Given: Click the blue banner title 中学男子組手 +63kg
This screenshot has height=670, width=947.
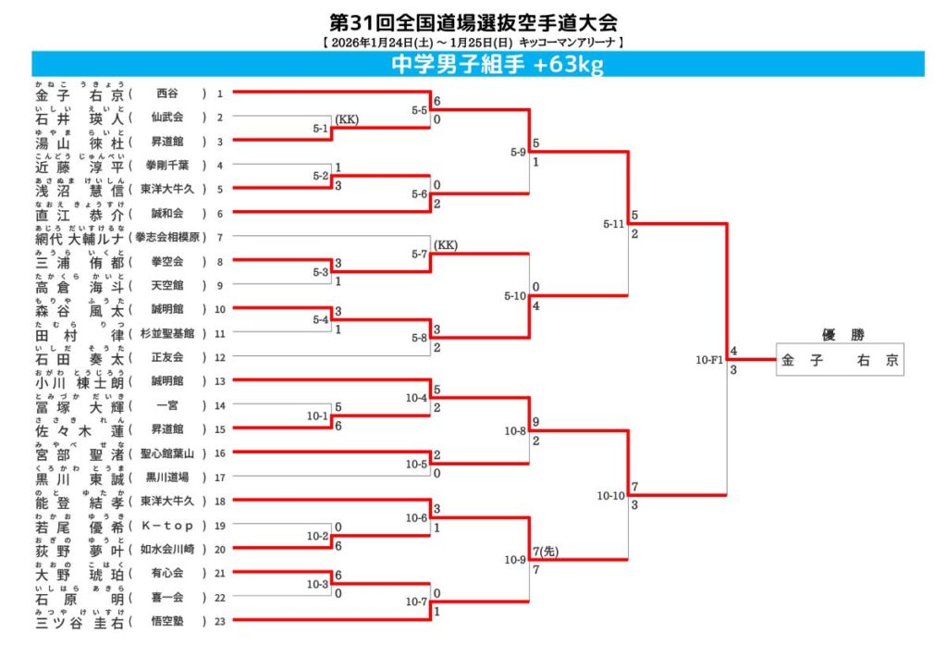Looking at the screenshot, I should coord(498,64).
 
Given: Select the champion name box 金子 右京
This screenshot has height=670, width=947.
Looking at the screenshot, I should coord(839,361).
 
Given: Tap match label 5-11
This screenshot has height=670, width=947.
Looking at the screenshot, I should coord(613,224).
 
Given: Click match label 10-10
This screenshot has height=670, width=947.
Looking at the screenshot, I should coord(610,496).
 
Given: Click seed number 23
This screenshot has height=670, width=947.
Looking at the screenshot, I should coord(220,621).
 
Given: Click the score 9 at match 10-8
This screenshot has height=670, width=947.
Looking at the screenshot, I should coord(535,422).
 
